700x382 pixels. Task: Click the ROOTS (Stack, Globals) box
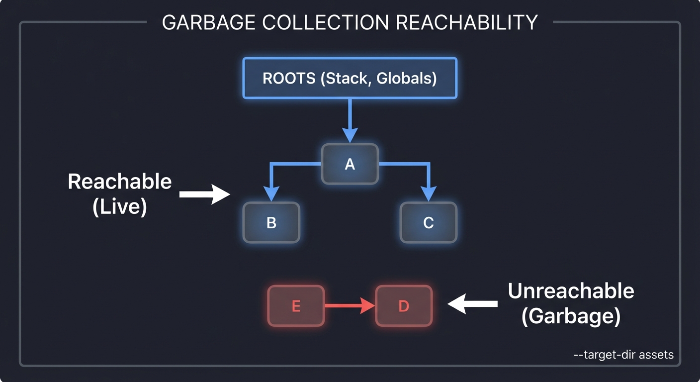coord(350,78)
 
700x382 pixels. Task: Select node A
coord(350,164)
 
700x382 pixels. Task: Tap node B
coord(271,222)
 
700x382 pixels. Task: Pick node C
coord(428,222)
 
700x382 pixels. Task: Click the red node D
coord(403,306)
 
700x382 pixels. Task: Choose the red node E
coord(296,306)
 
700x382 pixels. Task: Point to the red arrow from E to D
coord(348,306)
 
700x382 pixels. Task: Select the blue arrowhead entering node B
coord(271,194)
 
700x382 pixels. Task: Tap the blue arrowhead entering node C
coord(428,194)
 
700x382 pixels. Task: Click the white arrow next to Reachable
coord(204,194)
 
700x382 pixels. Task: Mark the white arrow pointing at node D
coord(472,304)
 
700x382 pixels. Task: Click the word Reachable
coord(119,182)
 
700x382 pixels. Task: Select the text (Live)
coord(119,206)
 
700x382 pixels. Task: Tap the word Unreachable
coord(571,290)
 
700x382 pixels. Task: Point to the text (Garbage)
coord(571,316)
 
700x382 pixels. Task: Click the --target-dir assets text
coord(623,355)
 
